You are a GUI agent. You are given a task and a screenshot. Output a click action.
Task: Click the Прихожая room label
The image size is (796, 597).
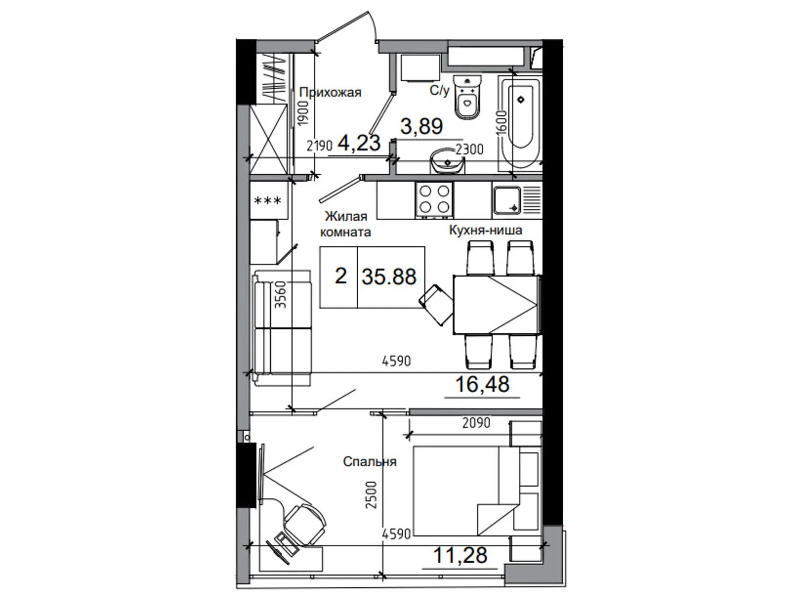(x=330, y=93)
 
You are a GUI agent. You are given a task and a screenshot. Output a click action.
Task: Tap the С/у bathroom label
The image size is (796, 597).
(x=439, y=90)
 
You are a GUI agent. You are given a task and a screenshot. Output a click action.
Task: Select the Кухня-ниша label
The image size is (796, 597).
(x=486, y=230)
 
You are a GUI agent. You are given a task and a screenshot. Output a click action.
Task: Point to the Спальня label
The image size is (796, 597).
(x=370, y=462)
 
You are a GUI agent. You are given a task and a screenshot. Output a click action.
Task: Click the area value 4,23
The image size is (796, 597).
(x=359, y=142)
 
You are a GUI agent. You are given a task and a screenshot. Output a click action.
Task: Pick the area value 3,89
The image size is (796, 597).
(x=421, y=126)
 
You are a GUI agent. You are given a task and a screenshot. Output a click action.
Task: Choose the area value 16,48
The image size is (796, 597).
(x=482, y=384)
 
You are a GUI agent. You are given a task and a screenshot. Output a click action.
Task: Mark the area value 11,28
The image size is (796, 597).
(x=460, y=555)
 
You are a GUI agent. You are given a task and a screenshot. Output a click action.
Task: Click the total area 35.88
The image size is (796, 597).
(x=389, y=277)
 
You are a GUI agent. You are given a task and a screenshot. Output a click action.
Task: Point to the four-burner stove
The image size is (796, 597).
(x=434, y=200)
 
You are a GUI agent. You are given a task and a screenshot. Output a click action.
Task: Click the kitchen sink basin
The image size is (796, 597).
(x=507, y=200)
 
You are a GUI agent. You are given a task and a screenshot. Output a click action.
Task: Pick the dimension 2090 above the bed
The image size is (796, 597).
(x=476, y=423)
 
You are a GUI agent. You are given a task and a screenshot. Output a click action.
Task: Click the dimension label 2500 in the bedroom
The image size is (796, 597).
(x=371, y=495)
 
